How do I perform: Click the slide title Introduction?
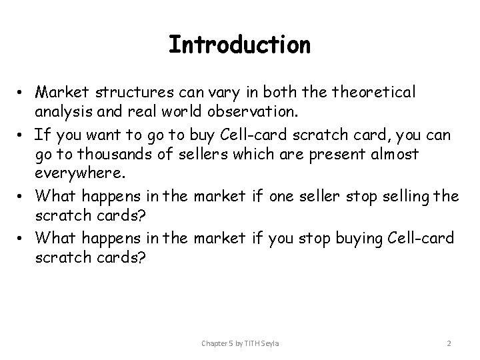(239, 45)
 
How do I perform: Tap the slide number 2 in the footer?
(449, 343)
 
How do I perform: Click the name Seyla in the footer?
(269, 343)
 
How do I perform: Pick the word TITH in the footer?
(253, 343)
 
